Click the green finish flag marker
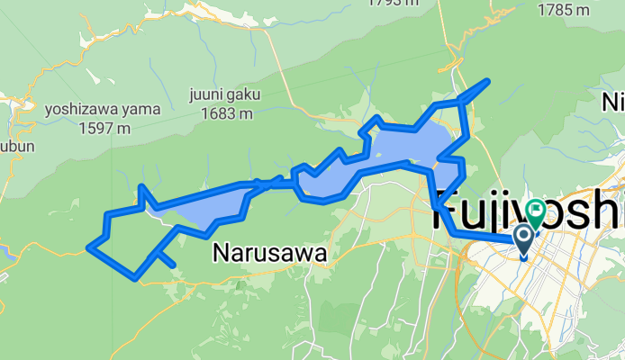535,212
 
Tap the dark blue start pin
523,238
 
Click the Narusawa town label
269,254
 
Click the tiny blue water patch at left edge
5,255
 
